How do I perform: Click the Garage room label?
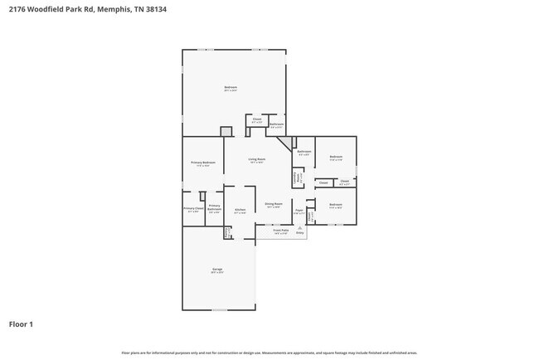pyautogui.click(x=217, y=270)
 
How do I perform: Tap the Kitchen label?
pyautogui.click(x=240, y=211)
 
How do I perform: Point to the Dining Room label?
pyautogui.click(x=274, y=204)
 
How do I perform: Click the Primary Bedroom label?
pyautogui.click(x=203, y=163)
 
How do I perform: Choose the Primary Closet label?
pyautogui.click(x=193, y=210)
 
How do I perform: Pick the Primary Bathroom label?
pyautogui.click(x=214, y=208)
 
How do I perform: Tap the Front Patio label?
pyautogui.click(x=281, y=231)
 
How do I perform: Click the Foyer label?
pyautogui.click(x=299, y=212)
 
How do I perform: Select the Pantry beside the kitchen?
pyautogui.click(x=226, y=233)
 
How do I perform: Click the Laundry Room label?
pyautogui.click(x=296, y=177)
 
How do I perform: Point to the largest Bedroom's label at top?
pyautogui.click(x=231, y=88)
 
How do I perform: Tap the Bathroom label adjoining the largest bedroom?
pyautogui.click(x=277, y=125)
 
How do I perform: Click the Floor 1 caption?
pyautogui.click(x=21, y=324)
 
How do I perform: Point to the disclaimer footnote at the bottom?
pyautogui.click(x=269, y=353)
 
